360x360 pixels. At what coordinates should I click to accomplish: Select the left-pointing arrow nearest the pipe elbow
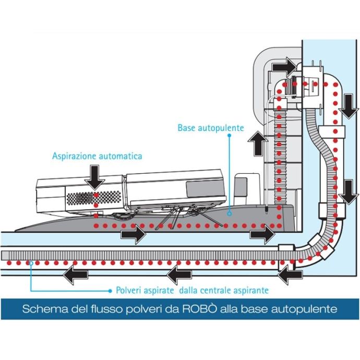pos(288,274)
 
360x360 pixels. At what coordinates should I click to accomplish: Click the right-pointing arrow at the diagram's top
pos(284,66)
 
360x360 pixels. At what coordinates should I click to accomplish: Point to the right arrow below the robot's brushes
pos(133,234)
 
